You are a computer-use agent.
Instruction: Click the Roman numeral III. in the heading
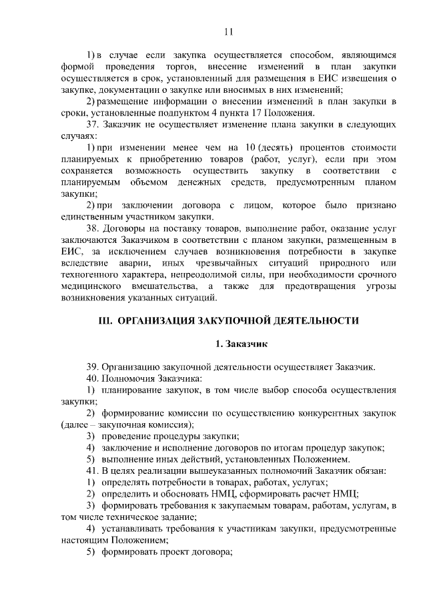(105, 320)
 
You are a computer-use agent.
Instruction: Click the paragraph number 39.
(94, 367)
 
